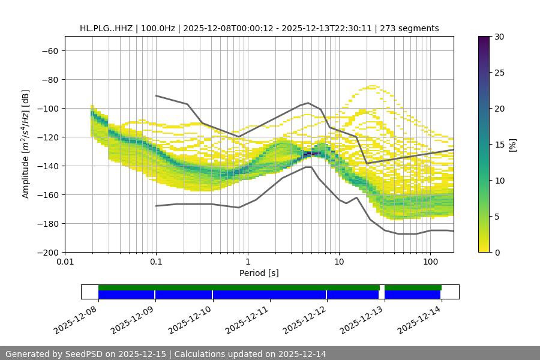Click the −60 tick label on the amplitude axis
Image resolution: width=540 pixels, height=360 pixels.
pos(50,51)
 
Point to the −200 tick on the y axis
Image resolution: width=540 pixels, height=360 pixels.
pos(47,253)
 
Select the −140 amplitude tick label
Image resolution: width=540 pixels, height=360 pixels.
pos(47,166)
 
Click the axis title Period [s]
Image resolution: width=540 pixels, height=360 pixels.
pos(259,273)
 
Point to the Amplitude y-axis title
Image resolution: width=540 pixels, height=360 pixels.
pos(26,144)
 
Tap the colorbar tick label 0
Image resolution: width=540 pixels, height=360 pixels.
pos(497,253)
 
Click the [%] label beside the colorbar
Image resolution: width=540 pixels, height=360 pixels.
pos(512,145)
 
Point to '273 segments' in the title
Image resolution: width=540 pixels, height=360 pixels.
pos(413,28)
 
